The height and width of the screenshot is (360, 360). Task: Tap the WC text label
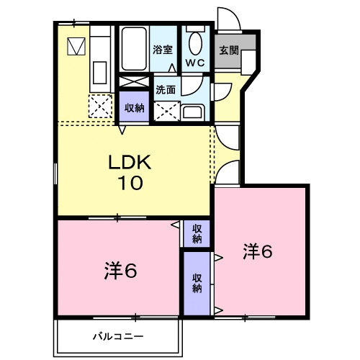tap(195, 63)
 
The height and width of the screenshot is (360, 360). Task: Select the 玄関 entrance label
tap(229, 50)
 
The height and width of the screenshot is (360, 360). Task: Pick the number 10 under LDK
tap(131, 182)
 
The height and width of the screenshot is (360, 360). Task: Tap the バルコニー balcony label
tap(117, 336)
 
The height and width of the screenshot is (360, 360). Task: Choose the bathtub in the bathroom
tap(133, 49)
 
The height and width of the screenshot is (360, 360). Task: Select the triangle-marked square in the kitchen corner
tap(75, 47)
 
